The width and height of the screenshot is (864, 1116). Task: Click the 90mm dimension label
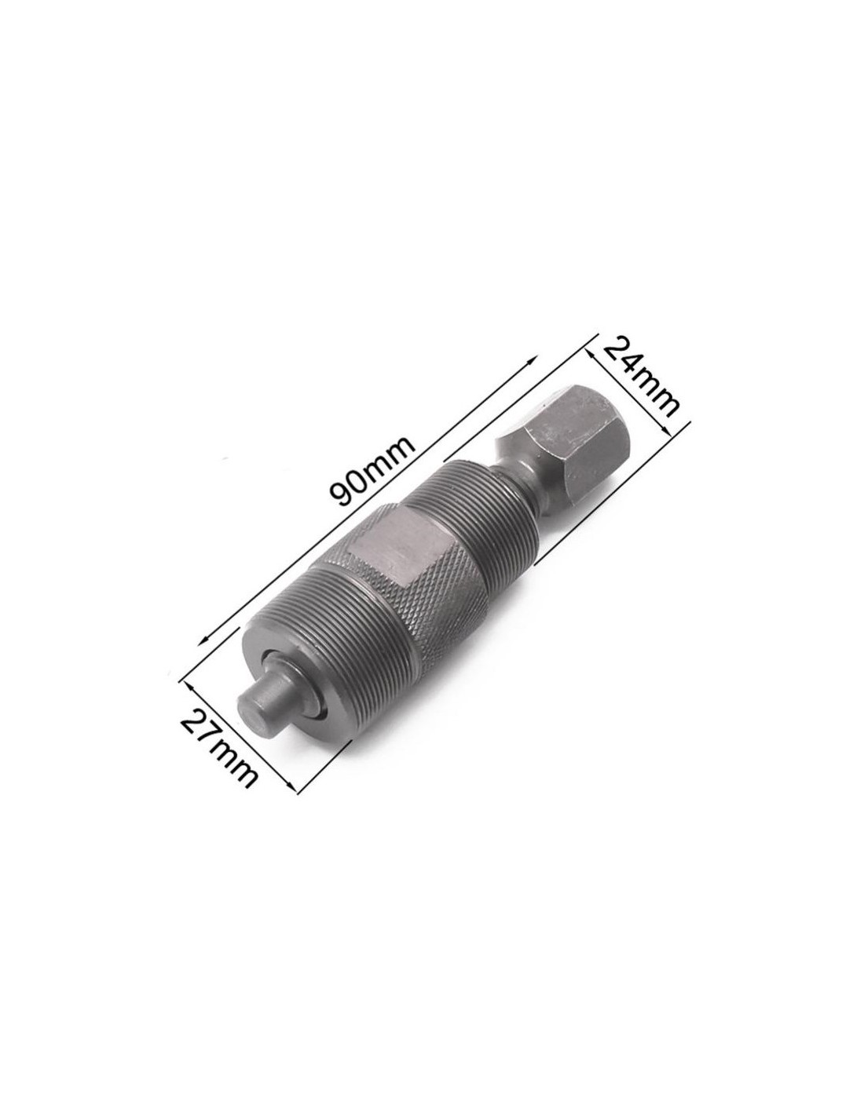(372, 472)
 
